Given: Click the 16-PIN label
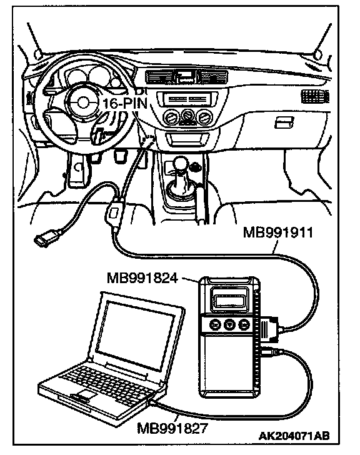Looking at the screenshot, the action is click(126, 103).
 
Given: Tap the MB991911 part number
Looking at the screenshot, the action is click(278, 232).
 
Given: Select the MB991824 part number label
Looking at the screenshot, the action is click(142, 278).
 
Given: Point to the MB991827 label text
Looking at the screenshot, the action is click(172, 428).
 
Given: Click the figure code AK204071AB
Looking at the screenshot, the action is click(294, 436).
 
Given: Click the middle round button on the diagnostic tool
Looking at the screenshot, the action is click(229, 324).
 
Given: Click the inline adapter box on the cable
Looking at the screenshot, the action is click(114, 213).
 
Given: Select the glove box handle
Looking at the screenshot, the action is click(284, 122).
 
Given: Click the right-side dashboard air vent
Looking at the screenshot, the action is click(315, 96).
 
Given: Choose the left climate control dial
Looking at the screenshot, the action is click(171, 117).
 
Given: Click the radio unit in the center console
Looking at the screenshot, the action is click(187, 99).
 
